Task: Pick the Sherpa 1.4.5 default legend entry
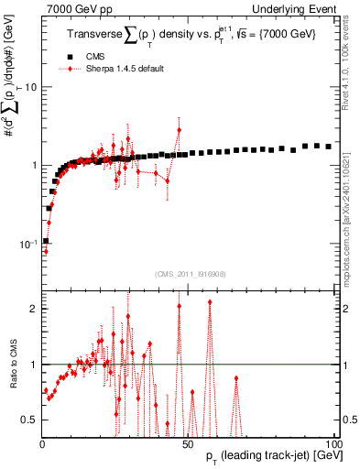click(x=119, y=69)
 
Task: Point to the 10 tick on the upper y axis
click(x=29, y=87)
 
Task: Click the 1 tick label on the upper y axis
click(x=32, y=166)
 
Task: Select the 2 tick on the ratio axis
click(x=32, y=309)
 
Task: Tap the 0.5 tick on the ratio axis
click(x=28, y=420)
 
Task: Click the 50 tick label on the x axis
click(x=188, y=443)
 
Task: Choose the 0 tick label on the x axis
click(x=43, y=443)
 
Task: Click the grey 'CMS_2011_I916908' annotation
click(x=189, y=274)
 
